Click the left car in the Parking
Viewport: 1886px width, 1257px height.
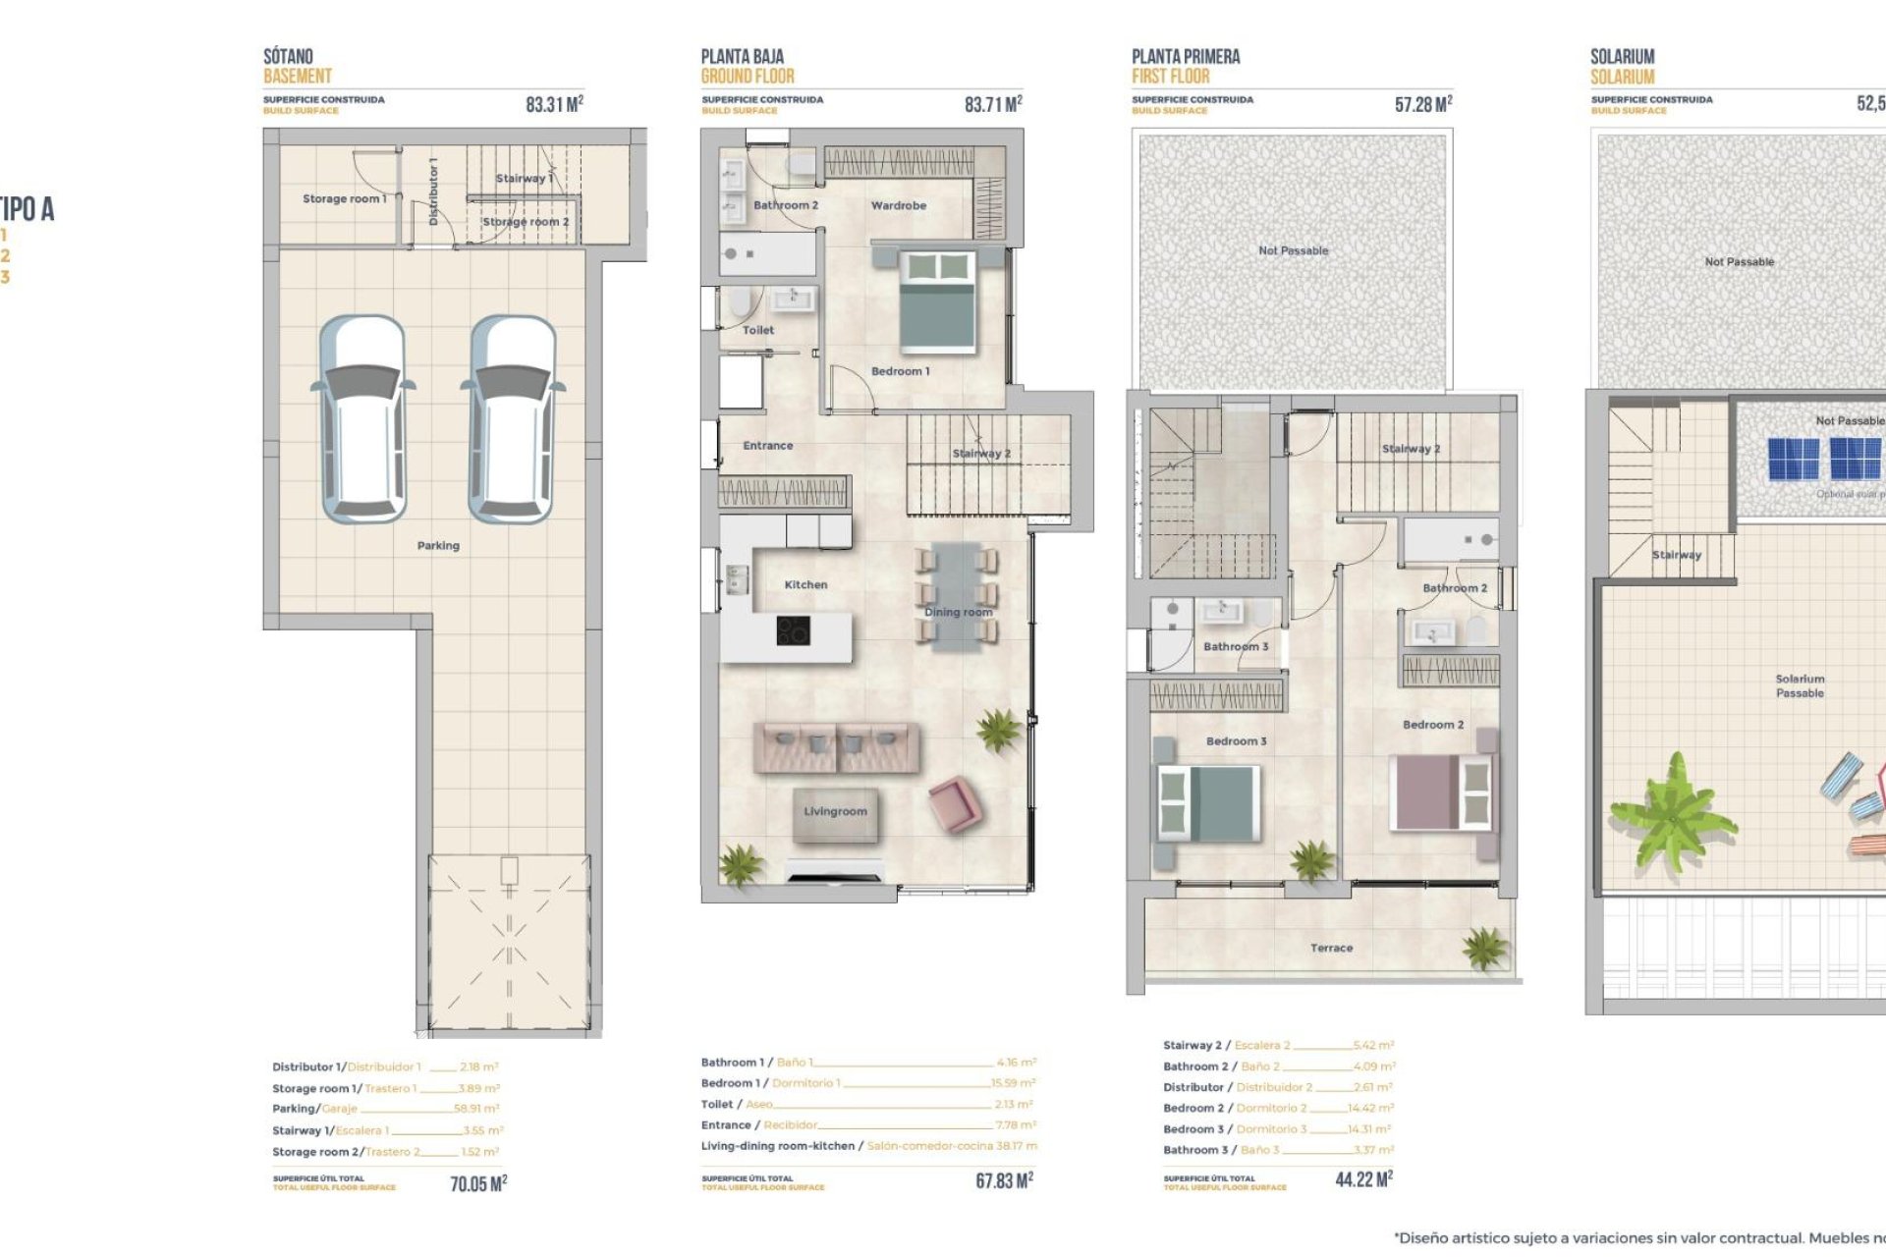click(363, 419)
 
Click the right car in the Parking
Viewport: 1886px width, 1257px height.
click(513, 419)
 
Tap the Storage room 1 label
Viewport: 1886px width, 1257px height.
click(344, 198)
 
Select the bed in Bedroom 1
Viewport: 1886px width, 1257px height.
click(938, 301)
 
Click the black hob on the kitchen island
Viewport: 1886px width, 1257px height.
click(793, 630)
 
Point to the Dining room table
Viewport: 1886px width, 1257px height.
click(957, 597)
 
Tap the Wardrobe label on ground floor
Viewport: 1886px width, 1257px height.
click(898, 205)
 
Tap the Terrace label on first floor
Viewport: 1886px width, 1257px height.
click(1331, 948)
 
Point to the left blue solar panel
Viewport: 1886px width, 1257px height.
click(1794, 459)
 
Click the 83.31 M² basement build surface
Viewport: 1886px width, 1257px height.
click(554, 104)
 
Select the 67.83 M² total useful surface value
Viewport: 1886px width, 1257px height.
click(1004, 1180)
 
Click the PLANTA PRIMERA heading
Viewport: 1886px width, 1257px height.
click(1185, 56)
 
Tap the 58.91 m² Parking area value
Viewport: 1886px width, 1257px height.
click(476, 1109)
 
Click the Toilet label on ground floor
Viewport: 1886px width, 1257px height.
click(757, 330)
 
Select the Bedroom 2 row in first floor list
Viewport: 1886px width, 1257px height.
click(1277, 1108)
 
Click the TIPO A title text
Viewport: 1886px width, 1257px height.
click(27, 209)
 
